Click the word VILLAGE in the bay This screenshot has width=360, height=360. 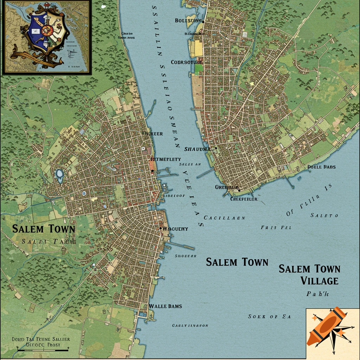click(319, 281)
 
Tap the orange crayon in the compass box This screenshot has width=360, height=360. click(326, 326)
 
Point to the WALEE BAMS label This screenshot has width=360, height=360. click(165, 306)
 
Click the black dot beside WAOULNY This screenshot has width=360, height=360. click(161, 229)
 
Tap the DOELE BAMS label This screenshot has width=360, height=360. click(321, 167)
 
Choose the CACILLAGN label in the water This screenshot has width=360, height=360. click(224, 218)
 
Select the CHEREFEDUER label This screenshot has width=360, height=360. click(244, 199)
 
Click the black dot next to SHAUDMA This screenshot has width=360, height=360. click(216, 148)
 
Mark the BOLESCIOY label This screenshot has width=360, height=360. click(188, 21)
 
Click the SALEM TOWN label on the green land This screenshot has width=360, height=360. click(44, 229)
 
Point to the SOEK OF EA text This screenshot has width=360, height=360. click(269, 316)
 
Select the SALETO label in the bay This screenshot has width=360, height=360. click(324, 215)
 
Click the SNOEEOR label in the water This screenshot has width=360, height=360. click(186, 256)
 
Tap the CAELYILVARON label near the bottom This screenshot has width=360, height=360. click(190, 326)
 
